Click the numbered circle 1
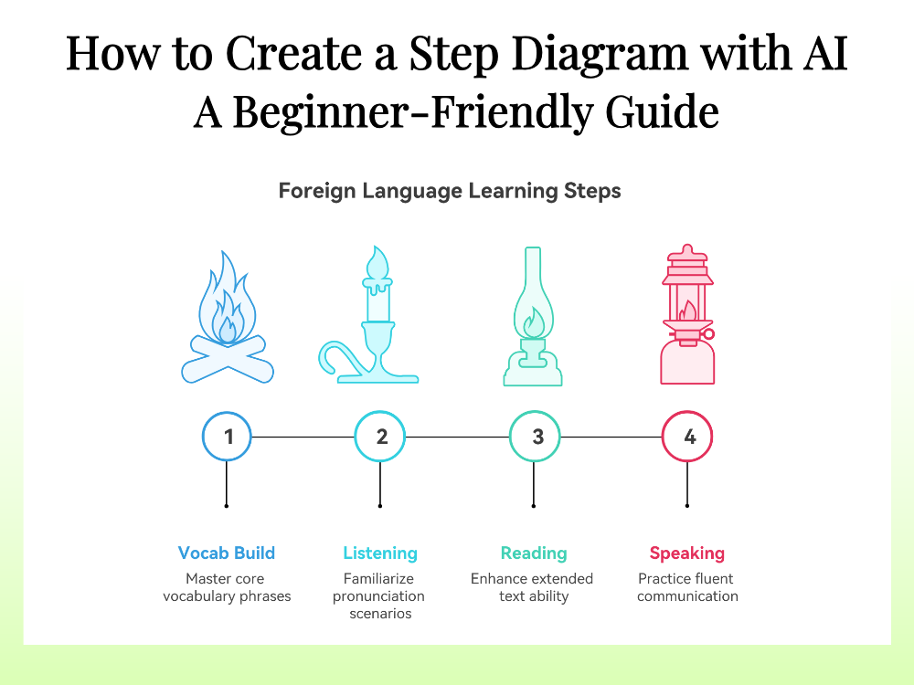pos(228,437)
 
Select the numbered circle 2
pos(381,437)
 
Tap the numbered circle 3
pos(536,437)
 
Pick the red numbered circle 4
pos(687,437)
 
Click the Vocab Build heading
pos(227,553)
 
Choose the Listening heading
pos(380,553)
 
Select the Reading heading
pos(534,553)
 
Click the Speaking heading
pos(687,553)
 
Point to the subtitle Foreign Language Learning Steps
pos(450,191)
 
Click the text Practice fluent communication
pos(687,587)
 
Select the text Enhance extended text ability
pos(533,587)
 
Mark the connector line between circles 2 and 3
pos(458,437)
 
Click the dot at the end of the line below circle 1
pos(226,504)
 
